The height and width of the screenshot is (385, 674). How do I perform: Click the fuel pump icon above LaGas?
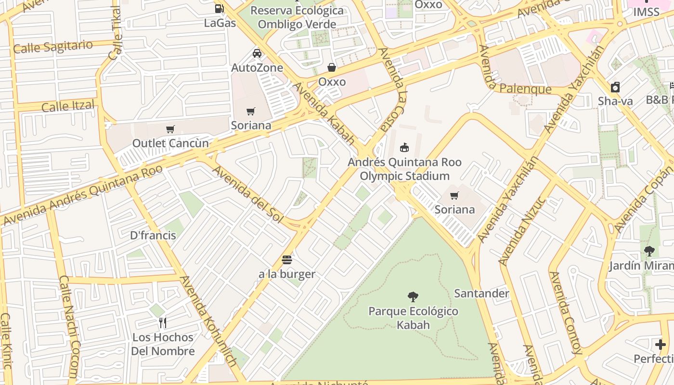(x=220, y=8)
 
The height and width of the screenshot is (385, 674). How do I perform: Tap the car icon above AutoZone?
(x=257, y=53)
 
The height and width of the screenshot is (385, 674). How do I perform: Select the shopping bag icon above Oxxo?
(x=332, y=67)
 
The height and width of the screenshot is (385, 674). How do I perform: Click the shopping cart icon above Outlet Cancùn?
(x=170, y=129)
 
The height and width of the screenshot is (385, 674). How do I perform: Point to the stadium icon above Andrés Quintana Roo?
(x=404, y=147)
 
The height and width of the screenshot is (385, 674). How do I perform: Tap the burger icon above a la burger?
(x=287, y=260)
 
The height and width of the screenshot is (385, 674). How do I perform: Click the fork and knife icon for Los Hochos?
(x=163, y=322)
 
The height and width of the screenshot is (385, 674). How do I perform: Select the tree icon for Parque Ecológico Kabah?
(x=413, y=296)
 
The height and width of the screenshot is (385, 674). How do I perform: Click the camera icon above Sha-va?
(x=615, y=87)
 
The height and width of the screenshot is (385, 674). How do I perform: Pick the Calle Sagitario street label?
(x=53, y=47)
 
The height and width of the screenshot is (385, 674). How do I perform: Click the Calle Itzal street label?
(x=68, y=105)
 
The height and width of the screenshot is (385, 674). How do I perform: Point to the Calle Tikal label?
(x=116, y=34)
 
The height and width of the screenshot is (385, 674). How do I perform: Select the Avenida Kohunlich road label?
(x=208, y=327)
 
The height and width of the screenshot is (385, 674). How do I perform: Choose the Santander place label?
(x=481, y=294)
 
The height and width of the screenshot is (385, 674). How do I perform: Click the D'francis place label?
(x=153, y=235)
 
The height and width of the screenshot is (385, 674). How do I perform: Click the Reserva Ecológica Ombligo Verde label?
(x=297, y=17)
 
